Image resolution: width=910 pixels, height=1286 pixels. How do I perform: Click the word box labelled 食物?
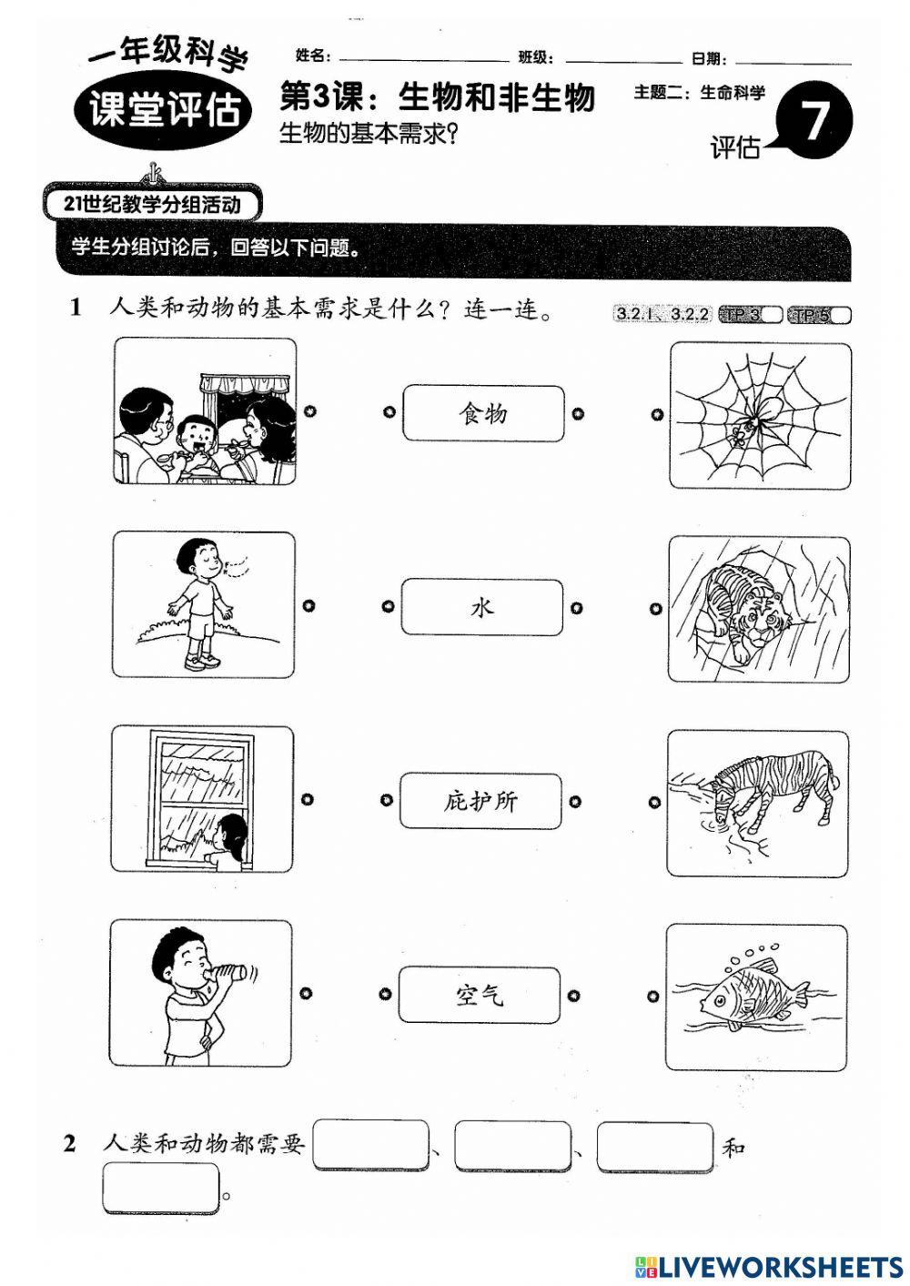click(x=482, y=414)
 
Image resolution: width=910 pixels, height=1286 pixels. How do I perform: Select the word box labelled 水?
click(x=481, y=607)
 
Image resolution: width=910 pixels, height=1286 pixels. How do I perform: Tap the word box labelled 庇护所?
click(x=480, y=801)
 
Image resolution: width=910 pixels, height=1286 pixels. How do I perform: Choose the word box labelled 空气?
click(x=479, y=995)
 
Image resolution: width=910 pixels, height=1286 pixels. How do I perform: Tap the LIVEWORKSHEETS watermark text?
click(x=780, y=1266)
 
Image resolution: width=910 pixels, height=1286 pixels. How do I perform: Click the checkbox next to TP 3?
click(x=772, y=315)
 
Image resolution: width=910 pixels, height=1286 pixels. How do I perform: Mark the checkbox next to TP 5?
click(x=842, y=315)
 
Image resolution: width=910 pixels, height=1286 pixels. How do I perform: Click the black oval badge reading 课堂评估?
click(x=164, y=110)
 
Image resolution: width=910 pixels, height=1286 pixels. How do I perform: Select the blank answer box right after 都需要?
click(x=370, y=1146)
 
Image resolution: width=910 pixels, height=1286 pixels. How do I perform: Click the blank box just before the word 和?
click(x=655, y=1147)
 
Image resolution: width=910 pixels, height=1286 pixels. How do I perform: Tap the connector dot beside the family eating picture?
click(x=310, y=411)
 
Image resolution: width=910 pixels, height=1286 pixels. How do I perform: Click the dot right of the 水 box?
click(x=577, y=608)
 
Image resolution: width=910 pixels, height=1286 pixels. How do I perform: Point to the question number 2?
click(x=71, y=1144)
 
